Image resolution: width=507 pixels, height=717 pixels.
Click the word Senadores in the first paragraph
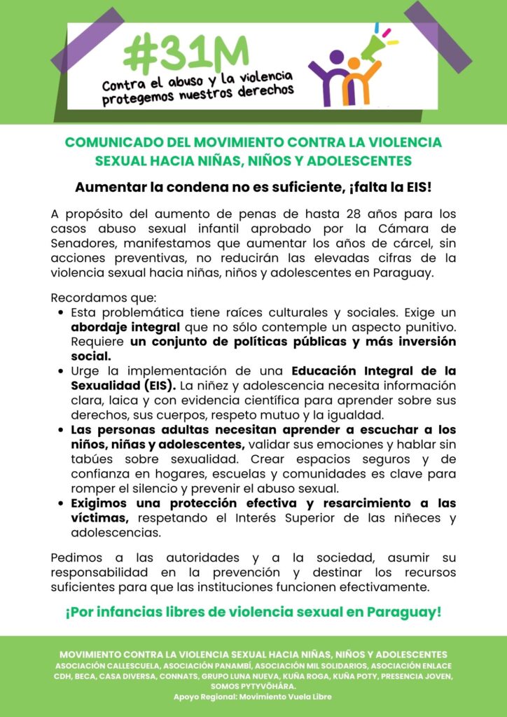[x=83, y=245]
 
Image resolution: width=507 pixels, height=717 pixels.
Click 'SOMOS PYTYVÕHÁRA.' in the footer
[x=253, y=687]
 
